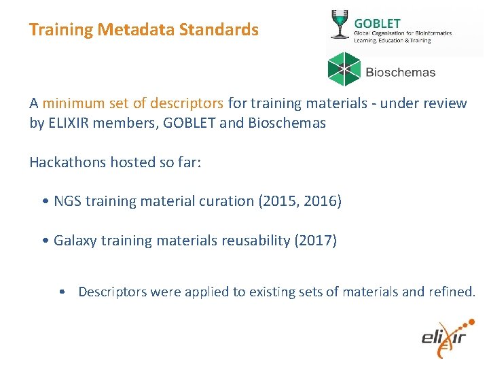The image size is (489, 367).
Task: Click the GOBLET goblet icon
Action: [338, 24]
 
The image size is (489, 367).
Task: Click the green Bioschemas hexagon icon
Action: [344, 69]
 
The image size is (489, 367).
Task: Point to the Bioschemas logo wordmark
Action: [401, 72]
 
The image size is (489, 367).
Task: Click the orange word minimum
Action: [69, 103]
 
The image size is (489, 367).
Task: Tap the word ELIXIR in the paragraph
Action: [66, 123]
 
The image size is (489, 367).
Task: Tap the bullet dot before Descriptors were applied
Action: [62, 292]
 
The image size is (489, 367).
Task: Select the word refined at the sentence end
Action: [452, 292]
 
